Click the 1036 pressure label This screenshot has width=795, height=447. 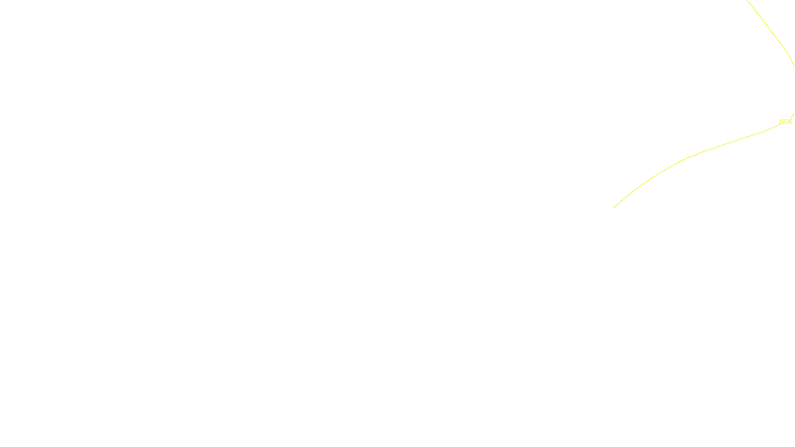pyautogui.click(x=785, y=122)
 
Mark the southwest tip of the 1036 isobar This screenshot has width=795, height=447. pyautogui.click(x=614, y=208)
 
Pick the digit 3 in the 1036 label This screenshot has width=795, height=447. pyautogui.click(x=787, y=122)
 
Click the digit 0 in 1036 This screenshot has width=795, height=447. pyautogui.click(x=784, y=122)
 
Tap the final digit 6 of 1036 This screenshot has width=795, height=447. pyautogui.click(x=791, y=122)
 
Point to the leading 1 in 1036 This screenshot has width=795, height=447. pyautogui.click(x=780, y=122)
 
